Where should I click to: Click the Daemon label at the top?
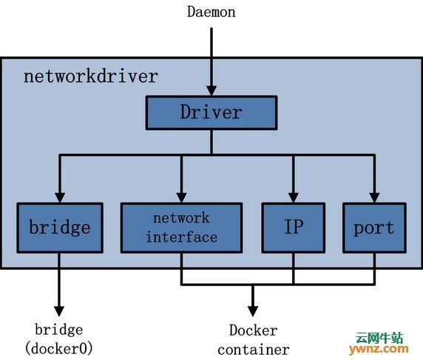pyautogui.click(x=211, y=12)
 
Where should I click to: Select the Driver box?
pyautogui.click(x=211, y=112)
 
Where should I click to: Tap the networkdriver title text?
pyautogui.click(x=91, y=76)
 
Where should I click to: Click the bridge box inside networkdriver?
pyautogui.click(x=60, y=228)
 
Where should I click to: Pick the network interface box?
pyautogui.click(x=182, y=228)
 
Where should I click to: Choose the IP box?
pyautogui.click(x=294, y=228)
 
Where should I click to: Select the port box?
pyautogui.click(x=374, y=228)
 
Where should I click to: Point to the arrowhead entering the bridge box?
pyautogui.click(x=60, y=197)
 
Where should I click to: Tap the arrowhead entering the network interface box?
pyautogui.click(x=182, y=197)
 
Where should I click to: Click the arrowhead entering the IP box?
pyautogui.click(x=294, y=197)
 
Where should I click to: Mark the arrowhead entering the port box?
pyautogui.click(x=374, y=197)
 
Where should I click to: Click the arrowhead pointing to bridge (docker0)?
pyautogui.click(x=59, y=311)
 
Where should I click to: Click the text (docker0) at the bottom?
pyautogui.click(x=59, y=349)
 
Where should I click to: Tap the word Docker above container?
pyautogui.click(x=254, y=330)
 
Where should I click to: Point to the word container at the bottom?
pyautogui.click(x=254, y=350)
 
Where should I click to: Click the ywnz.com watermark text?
pyautogui.click(x=379, y=349)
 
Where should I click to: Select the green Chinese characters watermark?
pyautogui.click(x=379, y=337)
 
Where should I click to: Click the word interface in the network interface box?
pyautogui.click(x=182, y=237)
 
